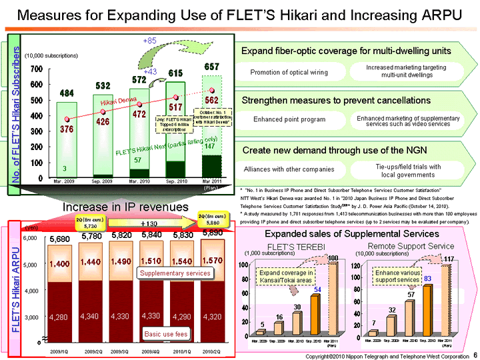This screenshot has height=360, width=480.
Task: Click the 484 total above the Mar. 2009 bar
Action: pos(67,93)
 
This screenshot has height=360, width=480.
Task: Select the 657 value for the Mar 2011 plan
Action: pos(211,67)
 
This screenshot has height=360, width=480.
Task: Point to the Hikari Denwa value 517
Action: pos(175,107)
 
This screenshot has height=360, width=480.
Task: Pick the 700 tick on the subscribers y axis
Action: pos(36,69)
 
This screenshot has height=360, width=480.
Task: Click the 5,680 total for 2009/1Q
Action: pos(61,238)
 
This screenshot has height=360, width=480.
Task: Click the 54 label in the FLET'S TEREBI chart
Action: pos(319,289)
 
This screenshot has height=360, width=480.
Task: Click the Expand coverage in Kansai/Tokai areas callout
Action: pos(287,277)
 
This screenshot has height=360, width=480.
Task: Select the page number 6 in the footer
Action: pos(474,355)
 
